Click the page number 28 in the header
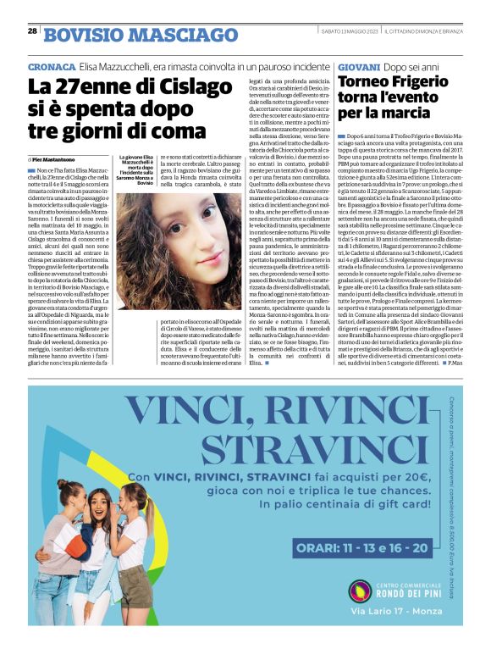(32, 31)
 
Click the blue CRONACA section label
(50, 66)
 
